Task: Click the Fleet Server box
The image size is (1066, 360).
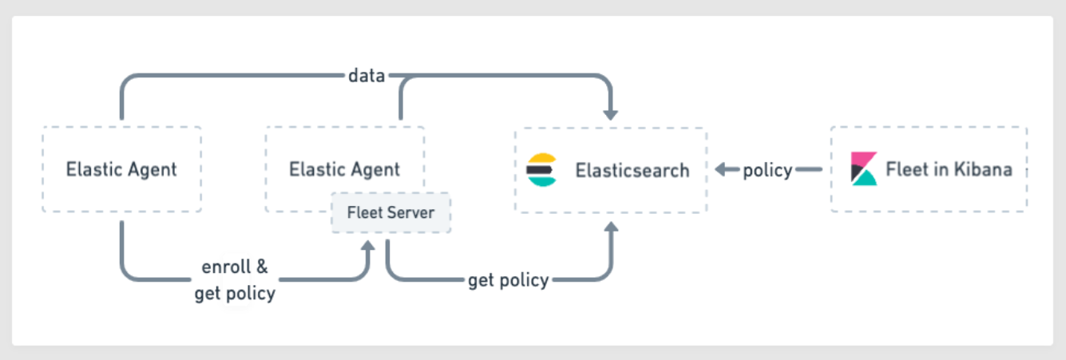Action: coord(390,212)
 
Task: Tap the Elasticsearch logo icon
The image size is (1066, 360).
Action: coord(541,170)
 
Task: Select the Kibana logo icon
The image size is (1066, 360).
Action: coord(864,168)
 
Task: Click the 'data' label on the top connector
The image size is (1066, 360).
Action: coord(367,76)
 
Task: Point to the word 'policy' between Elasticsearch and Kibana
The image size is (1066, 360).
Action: coord(767,170)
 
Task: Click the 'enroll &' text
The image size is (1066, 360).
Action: coord(235,267)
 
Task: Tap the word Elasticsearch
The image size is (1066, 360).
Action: coord(632,170)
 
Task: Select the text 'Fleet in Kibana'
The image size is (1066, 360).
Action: coord(949,169)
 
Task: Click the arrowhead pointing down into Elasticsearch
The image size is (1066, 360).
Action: coord(611,115)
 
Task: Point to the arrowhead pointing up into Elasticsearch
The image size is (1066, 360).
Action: coord(611,227)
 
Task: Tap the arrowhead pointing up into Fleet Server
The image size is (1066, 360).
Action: coord(368,245)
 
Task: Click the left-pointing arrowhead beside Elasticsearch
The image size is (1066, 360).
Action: coord(720,169)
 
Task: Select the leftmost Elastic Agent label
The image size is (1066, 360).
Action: coord(121,169)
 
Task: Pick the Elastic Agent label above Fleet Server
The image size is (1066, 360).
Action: coord(344,169)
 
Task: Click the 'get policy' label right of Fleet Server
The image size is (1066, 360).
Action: coord(509,281)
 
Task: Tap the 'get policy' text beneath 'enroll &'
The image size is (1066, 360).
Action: coord(235,294)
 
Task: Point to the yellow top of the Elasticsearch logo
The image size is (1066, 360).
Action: coord(542,159)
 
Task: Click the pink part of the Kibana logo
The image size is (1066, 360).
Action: coord(863,159)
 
